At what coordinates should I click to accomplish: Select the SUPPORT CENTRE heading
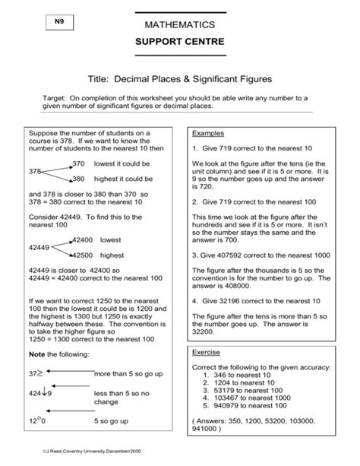[x=180, y=43]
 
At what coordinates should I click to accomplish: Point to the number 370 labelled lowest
[x=80, y=163]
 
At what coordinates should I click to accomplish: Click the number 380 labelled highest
[x=80, y=179]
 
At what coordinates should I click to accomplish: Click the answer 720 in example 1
[x=201, y=186]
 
